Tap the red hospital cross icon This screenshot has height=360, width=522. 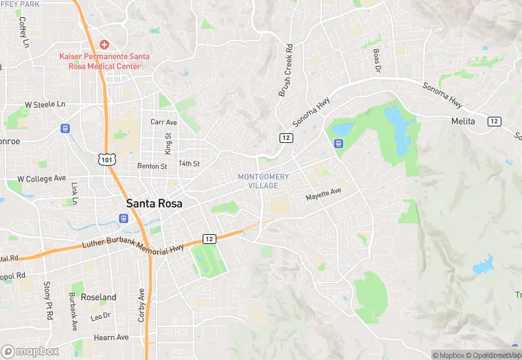(104, 43)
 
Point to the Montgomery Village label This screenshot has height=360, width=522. (263, 181)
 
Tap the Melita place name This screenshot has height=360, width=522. (464, 121)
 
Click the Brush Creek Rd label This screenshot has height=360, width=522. (286, 71)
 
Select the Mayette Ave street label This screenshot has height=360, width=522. (324, 194)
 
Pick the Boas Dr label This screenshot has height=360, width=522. (376, 60)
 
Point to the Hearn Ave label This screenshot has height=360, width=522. (111, 337)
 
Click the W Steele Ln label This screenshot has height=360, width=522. (45, 104)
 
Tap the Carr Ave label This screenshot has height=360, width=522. (163, 122)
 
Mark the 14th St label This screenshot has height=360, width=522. (189, 164)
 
